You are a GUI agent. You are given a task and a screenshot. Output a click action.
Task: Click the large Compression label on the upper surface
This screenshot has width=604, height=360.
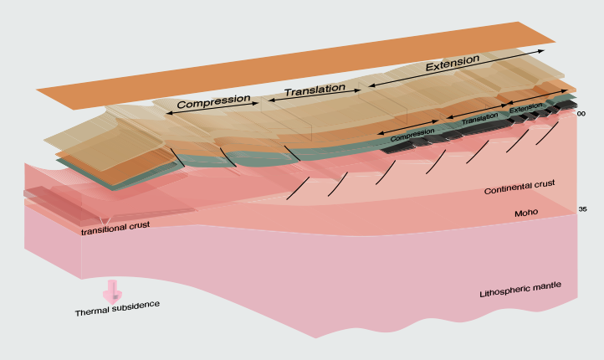pyautogui.click(x=213, y=100)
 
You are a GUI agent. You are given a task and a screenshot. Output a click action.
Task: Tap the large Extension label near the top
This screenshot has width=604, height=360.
pyautogui.click(x=453, y=64)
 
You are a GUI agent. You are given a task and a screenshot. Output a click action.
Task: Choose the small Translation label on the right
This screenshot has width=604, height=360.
pyautogui.click(x=479, y=119)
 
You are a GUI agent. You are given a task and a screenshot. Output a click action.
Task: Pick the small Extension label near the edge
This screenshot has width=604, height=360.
pyautogui.click(x=525, y=108)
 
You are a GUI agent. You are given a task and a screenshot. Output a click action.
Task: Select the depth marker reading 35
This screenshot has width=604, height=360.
pyautogui.click(x=582, y=208)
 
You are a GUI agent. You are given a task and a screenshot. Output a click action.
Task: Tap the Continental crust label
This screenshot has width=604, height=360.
pyautogui.click(x=520, y=188)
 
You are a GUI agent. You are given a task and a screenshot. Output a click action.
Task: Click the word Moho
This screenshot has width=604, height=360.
pyautogui.click(x=525, y=214)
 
